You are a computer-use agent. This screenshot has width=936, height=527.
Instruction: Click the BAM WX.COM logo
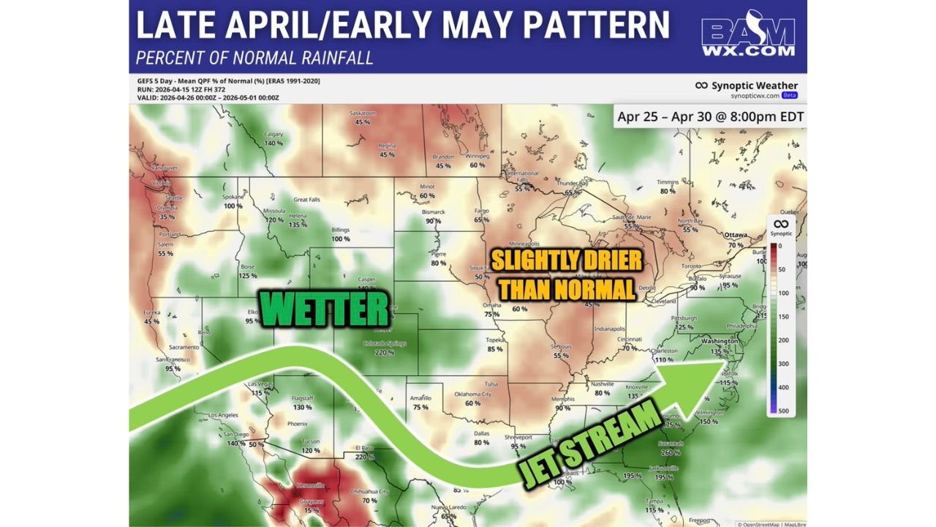pyautogui.click(x=748, y=37)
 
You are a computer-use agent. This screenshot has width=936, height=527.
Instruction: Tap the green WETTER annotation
pyautogui.click(x=325, y=310)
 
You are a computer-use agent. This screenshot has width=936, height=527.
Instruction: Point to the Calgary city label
pyautogui.click(x=273, y=134)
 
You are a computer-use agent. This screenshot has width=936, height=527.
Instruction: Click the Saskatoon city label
pyautogui.click(x=363, y=113)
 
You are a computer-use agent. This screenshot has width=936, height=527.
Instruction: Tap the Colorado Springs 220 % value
pyautogui.click(x=385, y=352)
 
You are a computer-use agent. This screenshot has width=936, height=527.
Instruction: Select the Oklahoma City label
pyautogui.click(x=472, y=394)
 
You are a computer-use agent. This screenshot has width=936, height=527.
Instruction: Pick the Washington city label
pyautogui.click(x=719, y=341)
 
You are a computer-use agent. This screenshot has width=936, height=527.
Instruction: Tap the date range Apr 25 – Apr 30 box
pyautogui.click(x=709, y=116)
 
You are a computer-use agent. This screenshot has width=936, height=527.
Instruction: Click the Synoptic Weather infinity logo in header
pyautogui.click(x=701, y=86)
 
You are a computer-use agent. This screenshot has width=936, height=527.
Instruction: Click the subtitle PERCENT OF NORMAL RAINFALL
pyautogui.click(x=254, y=58)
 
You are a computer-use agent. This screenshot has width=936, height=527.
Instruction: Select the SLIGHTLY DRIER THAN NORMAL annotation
pyautogui.click(x=566, y=274)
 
